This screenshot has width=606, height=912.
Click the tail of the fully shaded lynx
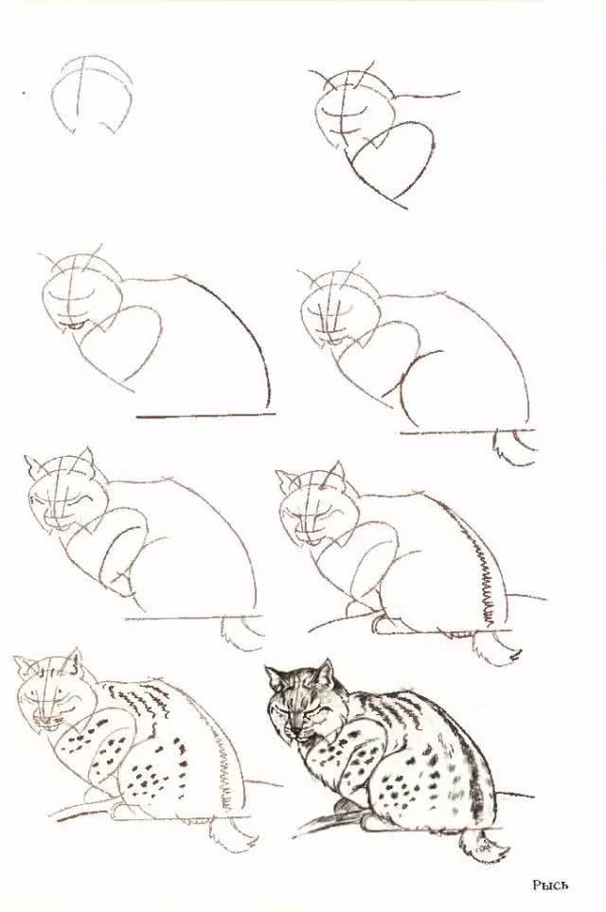pyautogui.click(x=481, y=844)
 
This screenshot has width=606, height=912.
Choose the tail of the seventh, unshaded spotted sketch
pyautogui.click(x=232, y=833)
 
